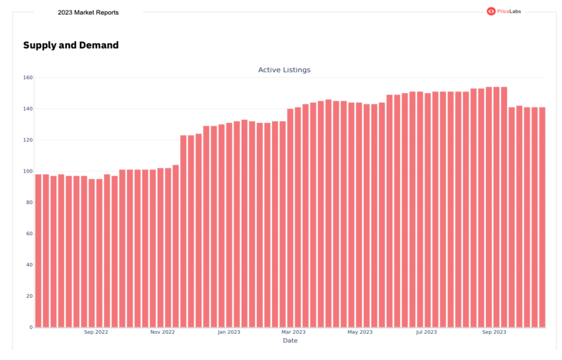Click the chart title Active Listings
tap(284, 70)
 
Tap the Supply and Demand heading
tap(71, 45)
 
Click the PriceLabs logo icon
tap(491, 11)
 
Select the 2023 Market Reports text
tap(88, 13)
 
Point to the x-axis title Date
tap(290, 341)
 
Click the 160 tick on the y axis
tap(28, 78)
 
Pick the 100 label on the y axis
tap(28, 171)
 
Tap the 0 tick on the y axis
tap(31, 327)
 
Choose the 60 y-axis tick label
tap(29, 234)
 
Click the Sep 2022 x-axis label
tap(96, 332)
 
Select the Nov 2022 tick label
tap(162, 332)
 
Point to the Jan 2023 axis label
tap(229, 332)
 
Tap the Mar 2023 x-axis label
tap(293, 332)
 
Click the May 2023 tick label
tap(360, 332)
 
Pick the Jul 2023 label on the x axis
tap(426, 332)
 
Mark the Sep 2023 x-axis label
tap(494, 332)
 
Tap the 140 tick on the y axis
tap(28, 109)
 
